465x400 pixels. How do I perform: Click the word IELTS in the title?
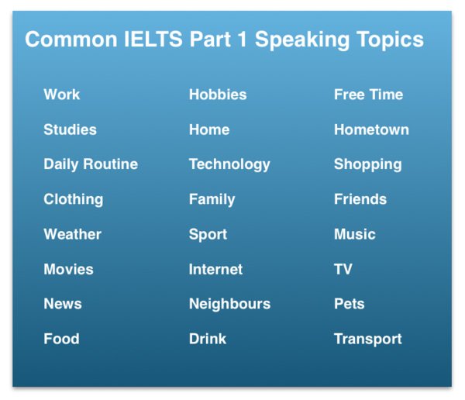click(x=153, y=40)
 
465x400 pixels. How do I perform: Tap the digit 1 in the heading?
click(x=242, y=40)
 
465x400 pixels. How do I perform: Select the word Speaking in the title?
click(x=302, y=40)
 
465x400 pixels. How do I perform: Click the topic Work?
click(x=62, y=95)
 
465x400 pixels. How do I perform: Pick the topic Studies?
click(x=70, y=129)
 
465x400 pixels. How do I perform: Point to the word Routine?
click(x=111, y=164)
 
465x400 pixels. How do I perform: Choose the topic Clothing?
click(x=74, y=200)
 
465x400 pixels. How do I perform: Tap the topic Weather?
click(x=72, y=234)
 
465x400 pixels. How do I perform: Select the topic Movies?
click(x=68, y=270)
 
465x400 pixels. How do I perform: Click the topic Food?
click(x=61, y=339)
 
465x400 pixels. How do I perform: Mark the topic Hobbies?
click(x=218, y=95)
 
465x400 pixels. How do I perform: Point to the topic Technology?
click(x=229, y=165)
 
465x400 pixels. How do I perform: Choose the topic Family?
click(x=212, y=200)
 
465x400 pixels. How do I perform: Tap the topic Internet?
click(x=215, y=270)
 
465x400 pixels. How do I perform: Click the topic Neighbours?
click(x=229, y=305)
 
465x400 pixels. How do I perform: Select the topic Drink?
click(x=208, y=339)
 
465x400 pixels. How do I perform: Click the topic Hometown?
click(x=371, y=129)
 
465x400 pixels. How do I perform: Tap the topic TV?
click(x=343, y=270)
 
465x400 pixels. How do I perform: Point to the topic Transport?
click(x=367, y=340)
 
